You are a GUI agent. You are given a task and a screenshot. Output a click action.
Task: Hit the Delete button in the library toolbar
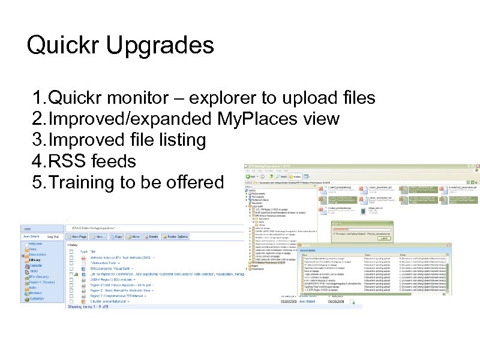click(x=153, y=237)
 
